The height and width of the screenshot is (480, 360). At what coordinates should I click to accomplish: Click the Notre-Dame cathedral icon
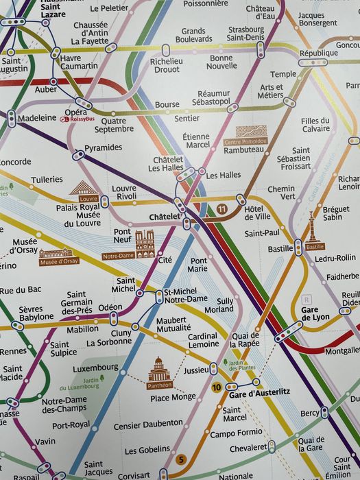point(145,244)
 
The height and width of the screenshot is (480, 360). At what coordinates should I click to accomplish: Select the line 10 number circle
point(216,387)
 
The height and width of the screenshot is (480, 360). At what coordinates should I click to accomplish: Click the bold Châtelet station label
point(164,217)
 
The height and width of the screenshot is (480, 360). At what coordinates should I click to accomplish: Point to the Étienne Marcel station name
point(196,141)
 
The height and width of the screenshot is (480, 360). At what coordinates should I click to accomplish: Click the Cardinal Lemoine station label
point(203,340)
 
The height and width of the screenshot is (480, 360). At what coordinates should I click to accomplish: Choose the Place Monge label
point(173,397)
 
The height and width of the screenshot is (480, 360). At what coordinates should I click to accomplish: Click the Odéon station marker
point(114,318)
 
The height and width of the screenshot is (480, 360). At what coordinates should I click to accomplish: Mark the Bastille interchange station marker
point(298,248)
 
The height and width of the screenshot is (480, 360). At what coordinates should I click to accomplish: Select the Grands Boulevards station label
point(193,36)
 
